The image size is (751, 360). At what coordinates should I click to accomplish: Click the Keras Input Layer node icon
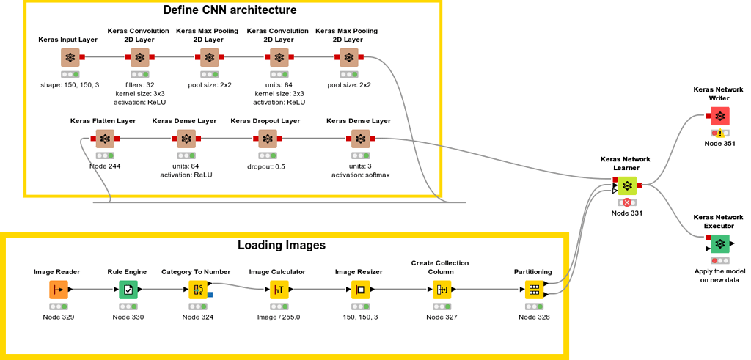(x=70, y=58)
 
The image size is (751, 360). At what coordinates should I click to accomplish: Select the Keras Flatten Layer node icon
(x=105, y=139)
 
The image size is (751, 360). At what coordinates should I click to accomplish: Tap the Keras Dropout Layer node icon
(x=268, y=139)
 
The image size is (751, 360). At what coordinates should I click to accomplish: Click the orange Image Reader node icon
(x=59, y=290)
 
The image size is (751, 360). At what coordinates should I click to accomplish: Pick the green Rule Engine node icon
(x=128, y=290)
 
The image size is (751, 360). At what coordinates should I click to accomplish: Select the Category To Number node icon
(x=198, y=290)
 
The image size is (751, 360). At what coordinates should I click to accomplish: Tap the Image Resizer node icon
(x=360, y=290)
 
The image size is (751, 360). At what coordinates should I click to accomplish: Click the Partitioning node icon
(x=534, y=290)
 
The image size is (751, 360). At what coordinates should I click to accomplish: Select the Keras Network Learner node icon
(x=626, y=185)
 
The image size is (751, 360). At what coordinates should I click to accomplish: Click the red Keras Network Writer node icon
(x=719, y=116)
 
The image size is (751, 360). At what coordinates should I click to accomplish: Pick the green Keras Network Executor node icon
(x=719, y=243)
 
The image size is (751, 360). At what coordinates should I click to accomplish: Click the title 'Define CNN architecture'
(x=230, y=10)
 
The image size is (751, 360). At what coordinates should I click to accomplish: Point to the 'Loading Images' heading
(x=281, y=245)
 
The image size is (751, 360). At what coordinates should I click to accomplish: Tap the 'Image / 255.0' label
(x=278, y=317)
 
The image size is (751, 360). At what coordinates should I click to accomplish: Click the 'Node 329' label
(x=58, y=317)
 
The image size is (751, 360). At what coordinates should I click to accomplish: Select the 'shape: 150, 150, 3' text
(x=70, y=84)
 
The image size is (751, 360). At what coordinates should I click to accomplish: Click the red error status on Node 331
(x=627, y=202)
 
